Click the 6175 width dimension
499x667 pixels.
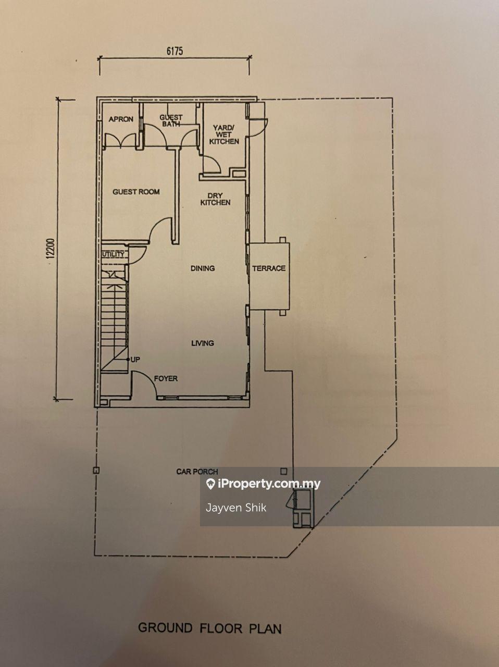click(174, 51)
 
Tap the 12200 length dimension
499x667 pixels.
click(51, 248)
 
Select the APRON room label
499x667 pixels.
click(121, 119)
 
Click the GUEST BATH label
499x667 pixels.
click(171, 120)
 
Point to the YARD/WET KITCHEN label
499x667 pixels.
click(224, 134)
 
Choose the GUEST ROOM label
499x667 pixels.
click(136, 192)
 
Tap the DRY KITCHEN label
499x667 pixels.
click(215, 199)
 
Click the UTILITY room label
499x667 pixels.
click(113, 254)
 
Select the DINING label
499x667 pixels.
click(203, 268)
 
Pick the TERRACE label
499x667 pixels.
click(269, 268)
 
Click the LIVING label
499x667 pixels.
click(203, 343)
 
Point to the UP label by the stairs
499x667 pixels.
click(135, 360)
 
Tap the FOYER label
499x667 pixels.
click(166, 378)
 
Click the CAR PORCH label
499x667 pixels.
click(197, 472)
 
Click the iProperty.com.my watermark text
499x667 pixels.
click(269, 484)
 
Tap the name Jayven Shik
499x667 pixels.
click(236, 508)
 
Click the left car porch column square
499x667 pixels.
click(96, 471)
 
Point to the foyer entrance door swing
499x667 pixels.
click(148, 379)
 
